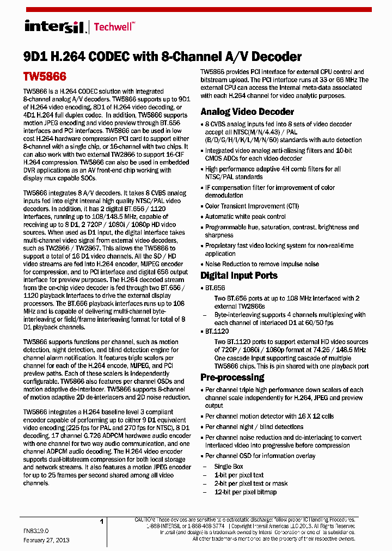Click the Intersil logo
tap(54, 27)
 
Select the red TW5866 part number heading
tap(45, 77)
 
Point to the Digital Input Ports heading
tap(239, 275)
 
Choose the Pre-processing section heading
tap(232, 377)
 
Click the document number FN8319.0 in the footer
tap(36, 530)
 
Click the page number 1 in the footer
tap(101, 522)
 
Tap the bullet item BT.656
tap(215, 287)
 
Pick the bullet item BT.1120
tap(217, 331)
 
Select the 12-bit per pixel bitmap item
tap(245, 492)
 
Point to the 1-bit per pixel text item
tap(238, 475)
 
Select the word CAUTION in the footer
tap(145, 520)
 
